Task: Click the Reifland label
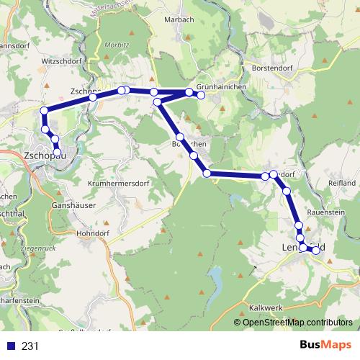[x=341, y=184]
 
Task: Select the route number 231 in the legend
[x=30, y=346]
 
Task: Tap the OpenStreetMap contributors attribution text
[x=298, y=323]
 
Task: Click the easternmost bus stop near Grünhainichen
[x=202, y=95]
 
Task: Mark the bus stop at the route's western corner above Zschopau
[x=45, y=110]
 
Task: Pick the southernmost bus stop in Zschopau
[x=58, y=150]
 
